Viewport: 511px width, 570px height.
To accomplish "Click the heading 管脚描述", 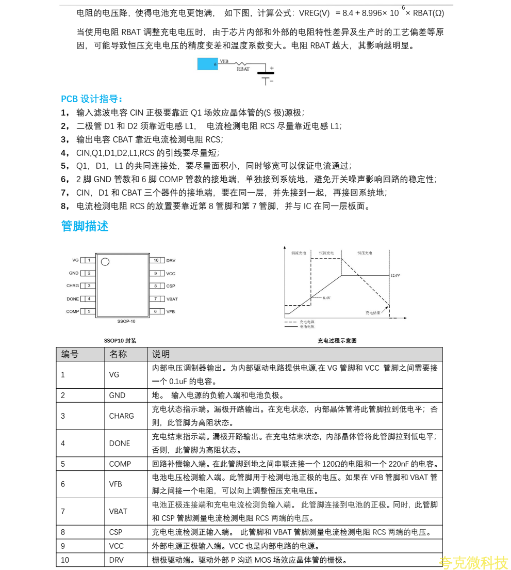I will pyautogui.click(x=85, y=226).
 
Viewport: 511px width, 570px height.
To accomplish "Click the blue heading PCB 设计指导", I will pyautogui.click(x=91, y=99).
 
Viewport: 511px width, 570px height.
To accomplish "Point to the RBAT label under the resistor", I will pyautogui.click(x=243, y=69).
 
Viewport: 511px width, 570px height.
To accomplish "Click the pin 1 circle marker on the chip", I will pyautogui.click(x=105, y=262).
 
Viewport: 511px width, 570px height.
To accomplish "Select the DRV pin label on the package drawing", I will pyautogui.click(x=171, y=260).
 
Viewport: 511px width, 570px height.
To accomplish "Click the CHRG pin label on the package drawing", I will pyautogui.click(x=73, y=286).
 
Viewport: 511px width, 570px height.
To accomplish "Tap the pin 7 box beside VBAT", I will pyautogui.click(x=156, y=299).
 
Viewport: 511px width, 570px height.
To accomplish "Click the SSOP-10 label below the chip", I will pyautogui.click(x=126, y=321).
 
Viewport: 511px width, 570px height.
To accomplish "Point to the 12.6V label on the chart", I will pyautogui.click(x=395, y=276).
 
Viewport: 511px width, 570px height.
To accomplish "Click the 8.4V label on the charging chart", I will pyautogui.click(x=326, y=298).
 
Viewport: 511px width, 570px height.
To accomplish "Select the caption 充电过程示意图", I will pyautogui.click(x=337, y=341).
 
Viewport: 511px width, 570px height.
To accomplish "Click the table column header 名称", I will pyautogui.click(x=118, y=354).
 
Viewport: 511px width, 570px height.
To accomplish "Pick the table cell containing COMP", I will pyautogui.click(x=120, y=464).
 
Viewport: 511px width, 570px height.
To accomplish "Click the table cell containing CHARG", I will pyautogui.click(x=121, y=416).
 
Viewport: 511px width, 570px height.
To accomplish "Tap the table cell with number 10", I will pyautogui.click(x=65, y=560).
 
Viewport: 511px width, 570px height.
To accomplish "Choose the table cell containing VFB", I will pyautogui.click(x=116, y=484).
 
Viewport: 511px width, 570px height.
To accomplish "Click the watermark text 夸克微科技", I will pyautogui.click(x=473, y=562).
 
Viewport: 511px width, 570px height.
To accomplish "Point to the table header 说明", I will pyautogui.click(x=161, y=354).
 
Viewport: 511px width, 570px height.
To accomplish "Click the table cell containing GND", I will pyautogui.click(x=117, y=395).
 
